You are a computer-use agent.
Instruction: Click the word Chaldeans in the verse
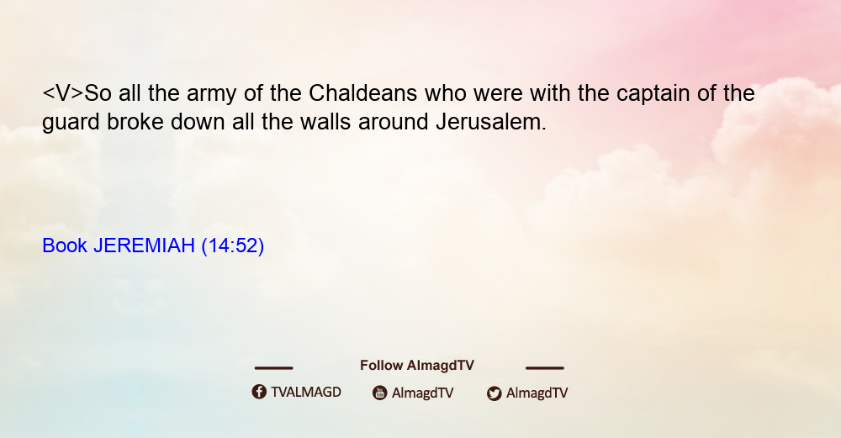coord(362,93)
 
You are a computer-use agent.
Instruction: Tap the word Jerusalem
coord(491,122)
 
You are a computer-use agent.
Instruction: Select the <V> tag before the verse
coord(63,93)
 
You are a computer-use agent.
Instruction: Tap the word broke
coord(135,122)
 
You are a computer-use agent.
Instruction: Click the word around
coord(394,122)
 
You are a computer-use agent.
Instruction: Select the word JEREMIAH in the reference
coord(144,245)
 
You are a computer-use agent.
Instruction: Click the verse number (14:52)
coord(233,246)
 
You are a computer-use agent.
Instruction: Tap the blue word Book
coord(65,245)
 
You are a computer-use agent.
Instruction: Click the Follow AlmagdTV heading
coord(417,366)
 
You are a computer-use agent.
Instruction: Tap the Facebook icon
coord(259,392)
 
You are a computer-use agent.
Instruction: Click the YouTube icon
coord(380,393)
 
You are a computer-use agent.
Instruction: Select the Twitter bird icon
coord(494,393)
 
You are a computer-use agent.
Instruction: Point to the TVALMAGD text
coord(306,393)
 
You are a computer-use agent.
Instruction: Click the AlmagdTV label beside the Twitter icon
coord(537,393)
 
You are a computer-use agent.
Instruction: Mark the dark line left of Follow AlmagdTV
coord(273,368)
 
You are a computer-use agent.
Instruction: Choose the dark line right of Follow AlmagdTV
coord(545,368)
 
